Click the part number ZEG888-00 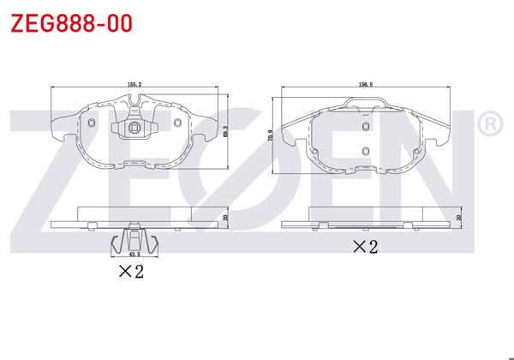(x=71, y=23)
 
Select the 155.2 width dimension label (x=134, y=84)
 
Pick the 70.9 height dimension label (x=272, y=137)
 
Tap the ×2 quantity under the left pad (x=129, y=273)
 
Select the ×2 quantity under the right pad (x=365, y=248)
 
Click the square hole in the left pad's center (x=134, y=129)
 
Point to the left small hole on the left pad (x=92, y=122)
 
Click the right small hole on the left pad (x=176, y=122)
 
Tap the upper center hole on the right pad (x=366, y=125)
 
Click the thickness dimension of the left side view (x=225, y=218)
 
